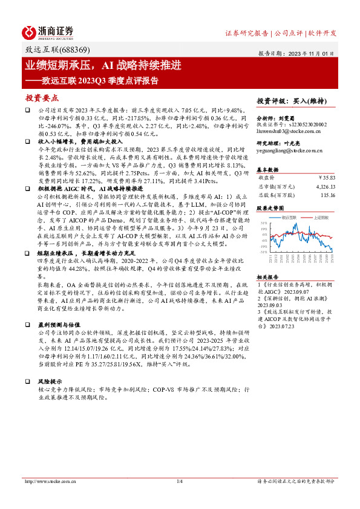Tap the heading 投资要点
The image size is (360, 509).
pos(42,97)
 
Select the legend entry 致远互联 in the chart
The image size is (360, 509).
pos(290,216)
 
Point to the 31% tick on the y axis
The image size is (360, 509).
pos(263,224)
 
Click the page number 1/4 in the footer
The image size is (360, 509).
pos(180,481)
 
